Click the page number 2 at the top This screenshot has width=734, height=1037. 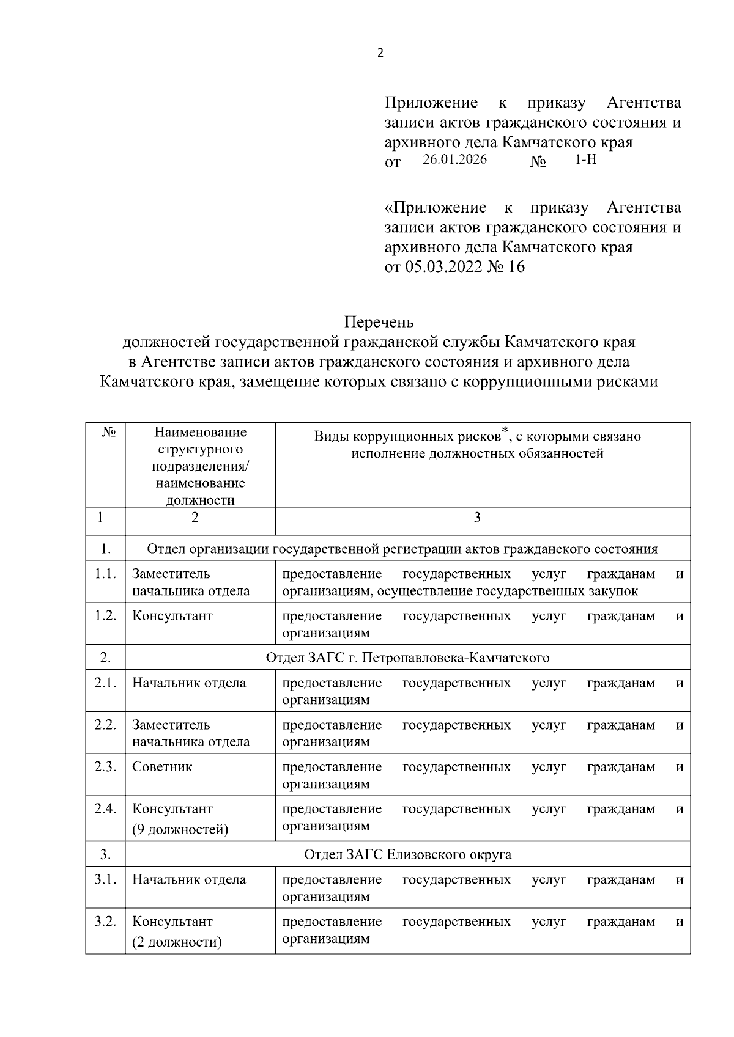pos(380,53)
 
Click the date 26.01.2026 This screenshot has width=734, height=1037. pos(454,160)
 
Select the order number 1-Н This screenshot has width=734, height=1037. pos(585,160)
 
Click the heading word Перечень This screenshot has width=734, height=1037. pos(379,322)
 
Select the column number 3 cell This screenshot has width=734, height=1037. pos(477,518)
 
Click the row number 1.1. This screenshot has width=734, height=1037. pos(105,574)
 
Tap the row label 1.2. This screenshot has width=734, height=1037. pos(105,616)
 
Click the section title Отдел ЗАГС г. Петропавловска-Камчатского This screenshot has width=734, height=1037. pos(407,658)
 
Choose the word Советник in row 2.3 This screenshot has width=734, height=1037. pos(162,767)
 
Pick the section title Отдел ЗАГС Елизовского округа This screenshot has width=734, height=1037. pos(407,855)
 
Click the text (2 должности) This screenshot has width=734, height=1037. pos(177,942)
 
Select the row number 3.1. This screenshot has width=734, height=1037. pos(105,880)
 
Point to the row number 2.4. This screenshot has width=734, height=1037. pos(105,809)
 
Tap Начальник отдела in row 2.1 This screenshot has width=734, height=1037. pos(189,683)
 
